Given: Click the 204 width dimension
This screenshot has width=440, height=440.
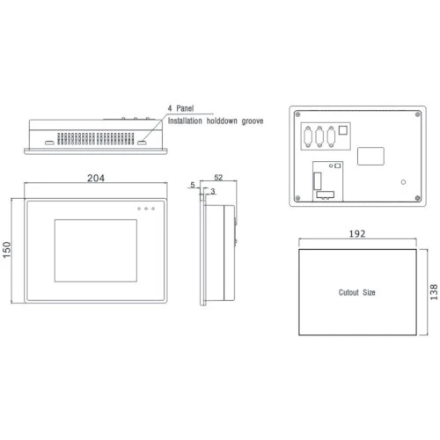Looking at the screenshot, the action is [x=96, y=178].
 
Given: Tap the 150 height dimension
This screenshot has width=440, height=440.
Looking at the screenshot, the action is [x=6, y=250].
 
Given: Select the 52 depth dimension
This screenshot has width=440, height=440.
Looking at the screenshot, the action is [x=218, y=177].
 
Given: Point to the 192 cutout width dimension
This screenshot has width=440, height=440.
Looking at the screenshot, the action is [x=357, y=233].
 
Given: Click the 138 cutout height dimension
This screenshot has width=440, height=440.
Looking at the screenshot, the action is [x=434, y=292].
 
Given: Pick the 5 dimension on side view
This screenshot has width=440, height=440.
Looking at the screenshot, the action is [x=193, y=185].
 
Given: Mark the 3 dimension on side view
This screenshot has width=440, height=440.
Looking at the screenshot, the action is [x=213, y=191].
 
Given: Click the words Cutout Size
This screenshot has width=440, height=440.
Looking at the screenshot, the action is [x=356, y=292].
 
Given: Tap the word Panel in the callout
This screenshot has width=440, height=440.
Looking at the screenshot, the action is [x=185, y=108].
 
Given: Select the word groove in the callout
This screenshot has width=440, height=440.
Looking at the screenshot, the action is [x=253, y=121].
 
